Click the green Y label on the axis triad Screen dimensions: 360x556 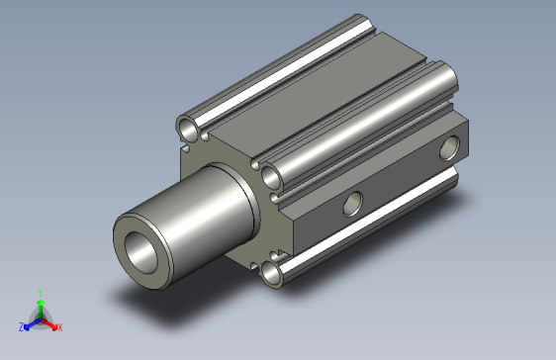40,292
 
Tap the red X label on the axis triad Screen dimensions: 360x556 59,326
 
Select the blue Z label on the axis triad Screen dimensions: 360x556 21,326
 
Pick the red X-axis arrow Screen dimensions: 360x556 50,322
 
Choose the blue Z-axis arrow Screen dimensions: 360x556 30,322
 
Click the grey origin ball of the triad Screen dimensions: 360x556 40,317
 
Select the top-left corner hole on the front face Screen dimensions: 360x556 186,126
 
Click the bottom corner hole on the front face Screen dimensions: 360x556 272,273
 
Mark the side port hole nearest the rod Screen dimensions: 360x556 350,205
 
